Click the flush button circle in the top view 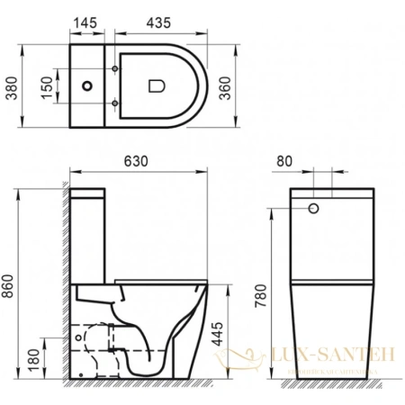[88, 88]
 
